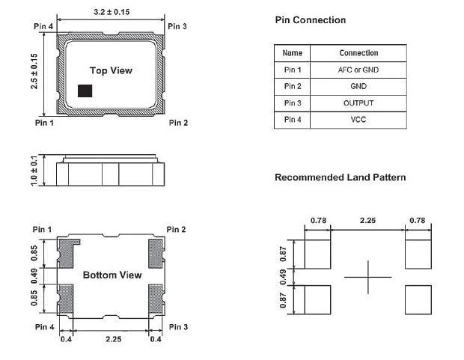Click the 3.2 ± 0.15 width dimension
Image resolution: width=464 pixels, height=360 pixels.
click(110, 13)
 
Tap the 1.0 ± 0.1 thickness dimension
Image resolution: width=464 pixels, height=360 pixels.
click(35, 171)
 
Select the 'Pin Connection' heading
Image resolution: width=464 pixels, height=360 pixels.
click(311, 20)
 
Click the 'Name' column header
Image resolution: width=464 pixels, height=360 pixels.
click(293, 53)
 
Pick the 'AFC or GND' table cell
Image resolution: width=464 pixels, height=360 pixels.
click(358, 70)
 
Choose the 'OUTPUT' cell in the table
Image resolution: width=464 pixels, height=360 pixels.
click(358, 103)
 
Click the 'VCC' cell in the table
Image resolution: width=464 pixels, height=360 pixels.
click(358, 120)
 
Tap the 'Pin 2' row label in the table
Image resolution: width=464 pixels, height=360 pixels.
click(293, 87)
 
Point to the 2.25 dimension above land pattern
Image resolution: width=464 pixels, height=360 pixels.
click(367, 220)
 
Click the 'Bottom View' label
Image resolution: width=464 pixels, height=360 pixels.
click(112, 275)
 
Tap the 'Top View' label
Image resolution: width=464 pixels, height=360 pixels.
click(111, 70)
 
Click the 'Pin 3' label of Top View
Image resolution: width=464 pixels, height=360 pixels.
click(177, 27)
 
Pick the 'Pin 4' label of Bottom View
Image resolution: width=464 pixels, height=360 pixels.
click(43, 327)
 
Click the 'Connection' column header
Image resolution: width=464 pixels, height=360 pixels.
click(358, 53)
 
